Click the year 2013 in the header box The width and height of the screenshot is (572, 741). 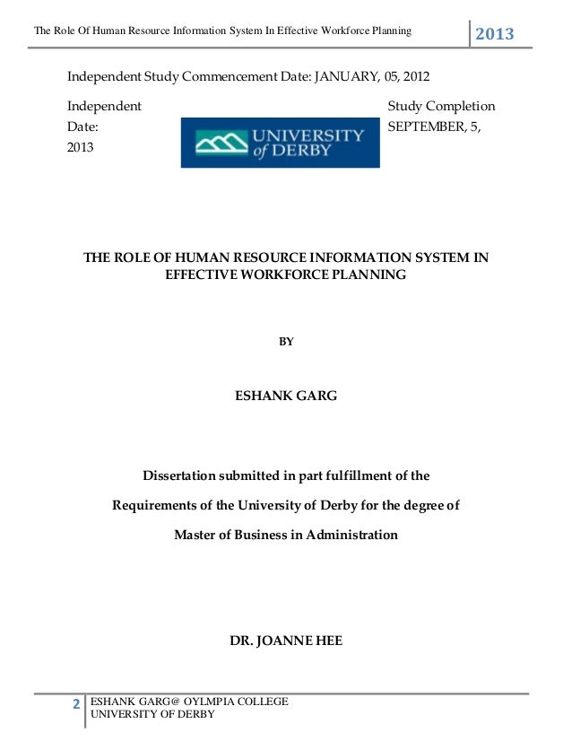(495, 34)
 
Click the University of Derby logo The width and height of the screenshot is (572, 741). (280, 143)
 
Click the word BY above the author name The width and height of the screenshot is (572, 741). (286, 342)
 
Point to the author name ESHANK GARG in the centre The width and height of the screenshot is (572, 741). (286, 395)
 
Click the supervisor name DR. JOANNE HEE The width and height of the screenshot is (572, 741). (286, 641)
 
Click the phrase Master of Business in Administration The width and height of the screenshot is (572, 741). (286, 535)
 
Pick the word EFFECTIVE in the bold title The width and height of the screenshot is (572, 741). (201, 275)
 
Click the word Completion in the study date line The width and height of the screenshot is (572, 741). (463, 107)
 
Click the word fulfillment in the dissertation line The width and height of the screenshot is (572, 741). (355, 475)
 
